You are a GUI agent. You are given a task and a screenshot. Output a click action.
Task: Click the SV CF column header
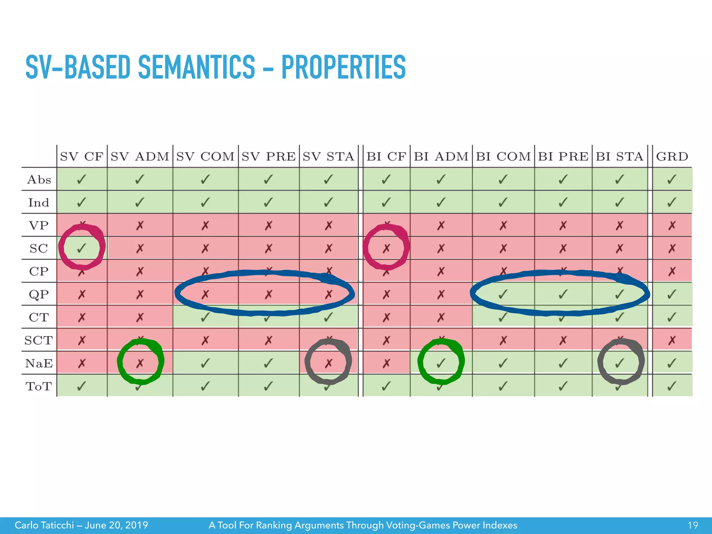pos(82,156)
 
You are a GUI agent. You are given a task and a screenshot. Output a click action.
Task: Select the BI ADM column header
pos(441,156)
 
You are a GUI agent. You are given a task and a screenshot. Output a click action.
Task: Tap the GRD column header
pos(672,156)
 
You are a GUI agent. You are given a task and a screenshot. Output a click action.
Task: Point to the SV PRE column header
pos(268,156)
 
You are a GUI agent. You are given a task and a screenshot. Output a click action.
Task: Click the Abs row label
pos(39,180)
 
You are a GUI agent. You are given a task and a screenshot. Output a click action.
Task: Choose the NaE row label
pos(39,363)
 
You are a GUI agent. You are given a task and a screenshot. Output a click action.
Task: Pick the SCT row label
pos(39,340)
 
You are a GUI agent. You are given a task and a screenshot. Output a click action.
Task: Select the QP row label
pos(39,294)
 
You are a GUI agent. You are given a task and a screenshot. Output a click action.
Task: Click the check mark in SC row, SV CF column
pos(82,248)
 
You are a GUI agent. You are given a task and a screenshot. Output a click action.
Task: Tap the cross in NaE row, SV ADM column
pos(140,363)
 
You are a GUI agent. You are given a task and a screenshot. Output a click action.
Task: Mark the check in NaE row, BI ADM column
pos(441,363)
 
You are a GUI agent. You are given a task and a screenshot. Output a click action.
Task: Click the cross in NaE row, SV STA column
pos(329,363)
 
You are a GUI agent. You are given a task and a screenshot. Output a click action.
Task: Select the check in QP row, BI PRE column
pos(563,294)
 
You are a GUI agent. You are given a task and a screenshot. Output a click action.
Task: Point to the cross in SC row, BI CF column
pos(386,248)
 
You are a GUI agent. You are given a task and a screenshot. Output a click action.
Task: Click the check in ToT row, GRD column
pos(672,386)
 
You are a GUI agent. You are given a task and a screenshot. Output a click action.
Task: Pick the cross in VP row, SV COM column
pos(205,226)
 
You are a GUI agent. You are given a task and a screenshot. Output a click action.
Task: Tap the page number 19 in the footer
pos(693,525)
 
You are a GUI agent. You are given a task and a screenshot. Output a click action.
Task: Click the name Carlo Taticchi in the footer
pos(44,525)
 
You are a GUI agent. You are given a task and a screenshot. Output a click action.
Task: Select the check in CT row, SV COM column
pos(205,317)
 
